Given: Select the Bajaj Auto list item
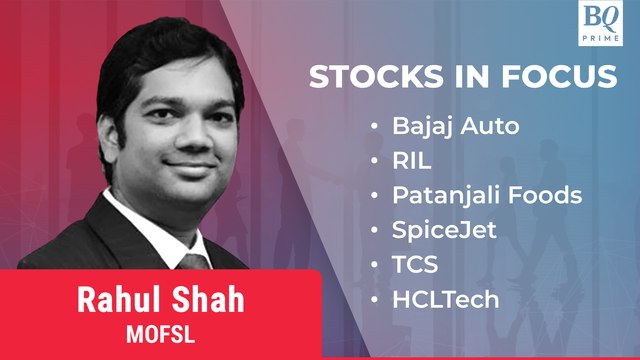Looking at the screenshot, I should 442,127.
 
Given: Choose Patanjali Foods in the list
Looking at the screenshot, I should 486,195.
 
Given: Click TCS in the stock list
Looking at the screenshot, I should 409,264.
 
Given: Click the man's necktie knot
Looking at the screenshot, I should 191,262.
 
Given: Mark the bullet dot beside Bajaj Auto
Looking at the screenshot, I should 374,128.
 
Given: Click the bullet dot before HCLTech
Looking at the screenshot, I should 374,299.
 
